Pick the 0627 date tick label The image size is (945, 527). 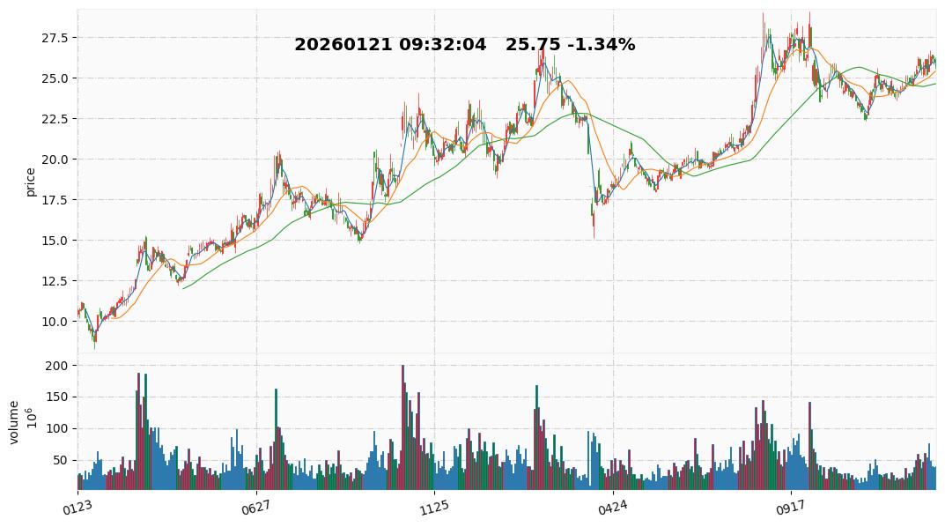(255, 506)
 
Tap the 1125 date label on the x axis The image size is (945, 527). (433, 506)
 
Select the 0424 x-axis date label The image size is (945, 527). (612, 506)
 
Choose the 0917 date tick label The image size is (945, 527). (790, 506)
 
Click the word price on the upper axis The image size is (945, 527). (31, 182)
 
